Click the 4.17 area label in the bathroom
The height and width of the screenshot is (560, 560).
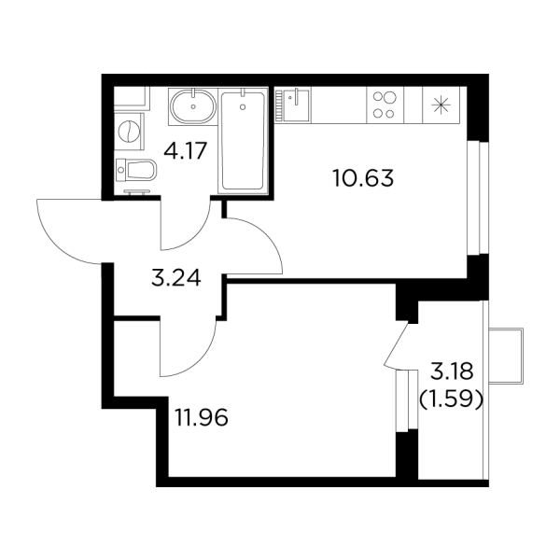point(186,150)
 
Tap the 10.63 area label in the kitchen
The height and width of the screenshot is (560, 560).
point(363,178)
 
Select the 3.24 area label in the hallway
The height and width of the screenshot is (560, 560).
point(176,278)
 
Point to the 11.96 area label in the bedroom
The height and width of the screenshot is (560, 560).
point(202,417)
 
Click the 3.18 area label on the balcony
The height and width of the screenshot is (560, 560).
point(452,371)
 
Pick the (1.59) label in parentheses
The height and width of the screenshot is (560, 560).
point(451,400)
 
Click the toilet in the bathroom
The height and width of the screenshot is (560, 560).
point(137,169)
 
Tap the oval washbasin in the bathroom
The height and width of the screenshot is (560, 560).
point(193,106)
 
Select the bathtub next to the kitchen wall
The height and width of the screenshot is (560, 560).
point(244,141)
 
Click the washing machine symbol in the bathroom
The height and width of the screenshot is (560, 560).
point(130,131)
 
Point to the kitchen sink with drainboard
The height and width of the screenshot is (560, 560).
point(292,105)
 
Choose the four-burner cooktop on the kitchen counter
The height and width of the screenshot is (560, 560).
point(385,105)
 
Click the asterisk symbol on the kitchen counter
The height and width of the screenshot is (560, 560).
point(441,105)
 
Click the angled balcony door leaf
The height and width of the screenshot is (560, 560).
point(396,343)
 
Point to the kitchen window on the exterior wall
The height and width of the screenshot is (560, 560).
point(478,198)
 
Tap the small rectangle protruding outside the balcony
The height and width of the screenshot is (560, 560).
point(506,357)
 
